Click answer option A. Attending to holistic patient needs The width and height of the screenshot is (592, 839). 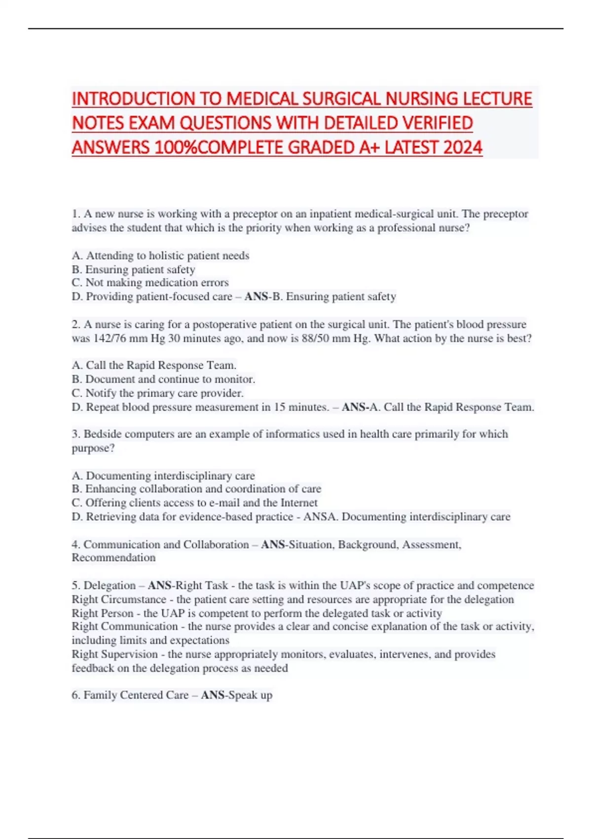point(160,256)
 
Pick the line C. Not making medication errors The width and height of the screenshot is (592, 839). point(150,283)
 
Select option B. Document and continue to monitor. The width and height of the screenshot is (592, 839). point(163,380)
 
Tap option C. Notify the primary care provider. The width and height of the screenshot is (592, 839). point(157,393)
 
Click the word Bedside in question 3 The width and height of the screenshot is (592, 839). point(101,434)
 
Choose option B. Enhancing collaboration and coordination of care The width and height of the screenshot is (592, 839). point(196,489)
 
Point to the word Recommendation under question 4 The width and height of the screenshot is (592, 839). point(113,558)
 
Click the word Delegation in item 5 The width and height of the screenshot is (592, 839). point(110,585)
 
